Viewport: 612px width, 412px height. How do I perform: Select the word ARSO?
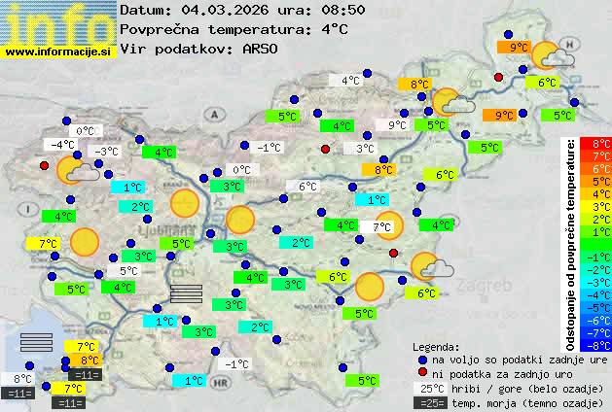(x=266, y=49)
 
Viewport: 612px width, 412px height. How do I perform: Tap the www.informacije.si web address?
(x=58, y=51)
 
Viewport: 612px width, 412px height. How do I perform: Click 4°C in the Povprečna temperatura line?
(x=331, y=29)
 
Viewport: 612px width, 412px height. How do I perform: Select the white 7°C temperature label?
(x=382, y=227)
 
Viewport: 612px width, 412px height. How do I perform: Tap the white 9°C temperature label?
(x=397, y=125)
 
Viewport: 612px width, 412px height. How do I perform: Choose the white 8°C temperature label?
(x=21, y=379)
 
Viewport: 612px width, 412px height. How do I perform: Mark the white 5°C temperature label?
(x=128, y=271)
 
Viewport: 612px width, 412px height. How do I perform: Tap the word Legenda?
(x=436, y=347)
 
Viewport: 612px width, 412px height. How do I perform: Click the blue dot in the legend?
(x=422, y=360)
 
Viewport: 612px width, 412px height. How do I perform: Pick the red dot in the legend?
(x=422, y=374)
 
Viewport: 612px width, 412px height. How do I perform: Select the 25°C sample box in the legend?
(x=429, y=389)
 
